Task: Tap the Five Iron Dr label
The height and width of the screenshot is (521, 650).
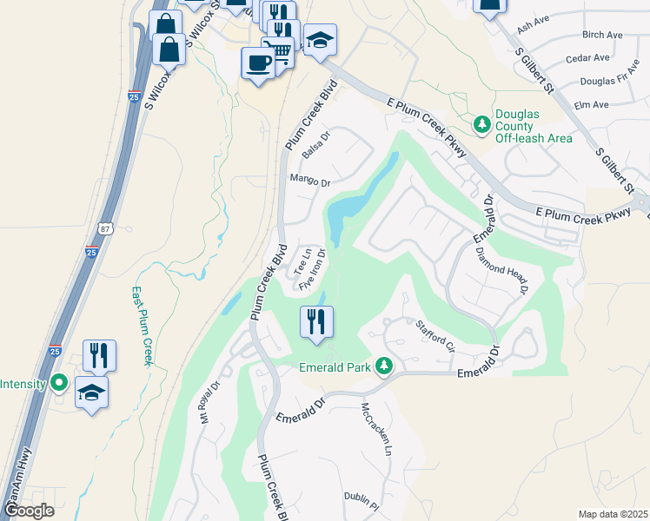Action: point(312,271)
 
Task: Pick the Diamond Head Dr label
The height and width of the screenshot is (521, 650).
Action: point(502,271)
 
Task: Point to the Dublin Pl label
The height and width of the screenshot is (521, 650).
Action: point(361,503)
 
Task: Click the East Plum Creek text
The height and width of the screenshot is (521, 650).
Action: point(141,326)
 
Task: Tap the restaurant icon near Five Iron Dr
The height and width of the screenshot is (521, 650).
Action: point(315,321)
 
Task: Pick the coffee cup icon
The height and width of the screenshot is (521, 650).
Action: point(257,63)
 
